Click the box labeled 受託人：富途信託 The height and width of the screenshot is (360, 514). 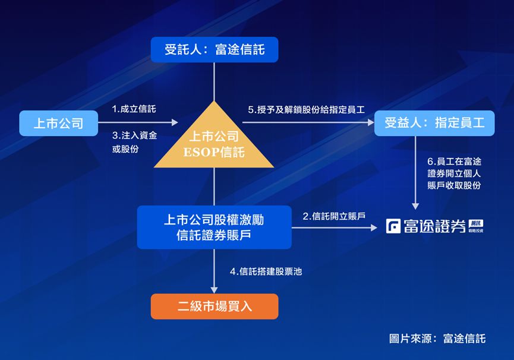[215, 50]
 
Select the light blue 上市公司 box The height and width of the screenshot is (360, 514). [59, 123]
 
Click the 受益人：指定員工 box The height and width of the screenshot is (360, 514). [434, 123]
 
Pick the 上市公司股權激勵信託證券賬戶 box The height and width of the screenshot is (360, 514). [215, 228]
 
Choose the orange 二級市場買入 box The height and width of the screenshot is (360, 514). [215, 307]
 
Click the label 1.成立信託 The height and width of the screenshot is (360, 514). [134, 109]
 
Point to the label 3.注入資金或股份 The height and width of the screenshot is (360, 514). [134, 142]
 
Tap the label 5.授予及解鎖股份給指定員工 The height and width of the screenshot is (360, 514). [306, 109]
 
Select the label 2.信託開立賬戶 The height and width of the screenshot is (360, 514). [334, 216]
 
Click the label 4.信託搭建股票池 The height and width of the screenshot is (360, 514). [266, 271]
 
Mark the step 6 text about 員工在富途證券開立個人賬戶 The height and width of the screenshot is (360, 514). [455, 173]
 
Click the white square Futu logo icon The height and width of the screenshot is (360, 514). [393, 226]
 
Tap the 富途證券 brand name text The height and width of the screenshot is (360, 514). [434, 226]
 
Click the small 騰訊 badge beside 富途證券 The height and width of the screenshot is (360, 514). [475, 226]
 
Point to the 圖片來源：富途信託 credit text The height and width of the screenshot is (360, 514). [437, 339]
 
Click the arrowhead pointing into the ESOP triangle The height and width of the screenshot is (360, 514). [175, 122]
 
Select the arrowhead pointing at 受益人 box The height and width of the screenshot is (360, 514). [371, 122]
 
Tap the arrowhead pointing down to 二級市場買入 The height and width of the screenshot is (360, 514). [214, 290]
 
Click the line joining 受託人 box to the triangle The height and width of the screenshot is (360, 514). [214, 81]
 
